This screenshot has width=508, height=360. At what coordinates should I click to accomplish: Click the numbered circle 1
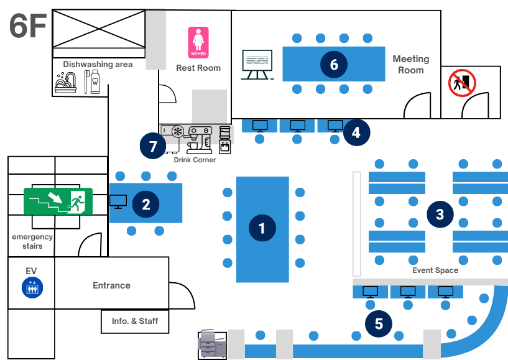[x=262, y=228]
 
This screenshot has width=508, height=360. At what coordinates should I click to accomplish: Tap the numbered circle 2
[x=145, y=204]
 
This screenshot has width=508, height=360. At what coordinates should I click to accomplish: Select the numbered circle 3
[x=440, y=214]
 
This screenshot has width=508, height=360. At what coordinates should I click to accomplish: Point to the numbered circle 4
[x=356, y=132]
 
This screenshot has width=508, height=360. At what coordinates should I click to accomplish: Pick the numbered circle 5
[x=379, y=323]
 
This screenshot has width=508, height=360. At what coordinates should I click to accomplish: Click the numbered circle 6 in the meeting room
[x=334, y=64]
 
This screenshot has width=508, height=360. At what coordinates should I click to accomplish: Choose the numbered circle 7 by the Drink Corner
[x=153, y=146]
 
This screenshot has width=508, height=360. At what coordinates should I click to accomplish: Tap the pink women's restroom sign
[x=198, y=42]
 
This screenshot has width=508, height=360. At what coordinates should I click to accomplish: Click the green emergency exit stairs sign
[x=58, y=201]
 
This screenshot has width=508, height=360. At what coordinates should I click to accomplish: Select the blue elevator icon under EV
[x=32, y=287]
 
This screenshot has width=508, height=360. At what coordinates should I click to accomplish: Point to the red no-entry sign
[x=462, y=83]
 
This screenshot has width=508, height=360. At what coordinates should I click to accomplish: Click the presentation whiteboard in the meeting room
[x=257, y=65]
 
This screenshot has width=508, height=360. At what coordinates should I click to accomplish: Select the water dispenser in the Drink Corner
[x=225, y=140]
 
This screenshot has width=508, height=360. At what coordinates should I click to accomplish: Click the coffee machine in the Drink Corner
[x=198, y=140]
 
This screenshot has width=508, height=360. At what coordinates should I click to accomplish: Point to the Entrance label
[x=111, y=285]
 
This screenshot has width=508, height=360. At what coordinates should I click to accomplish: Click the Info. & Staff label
[x=135, y=321]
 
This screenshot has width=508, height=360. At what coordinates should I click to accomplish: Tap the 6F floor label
[x=28, y=25]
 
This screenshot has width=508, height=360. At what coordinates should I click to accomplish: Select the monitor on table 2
[x=118, y=202]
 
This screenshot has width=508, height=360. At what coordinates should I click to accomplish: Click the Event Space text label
[x=435, y=270]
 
